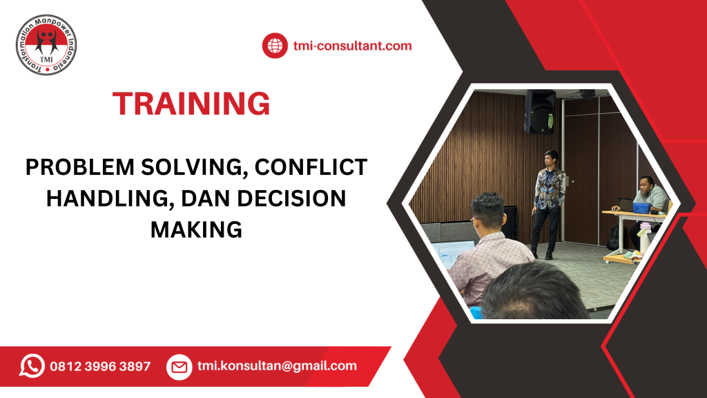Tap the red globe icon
274,46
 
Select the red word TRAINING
191,104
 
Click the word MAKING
196,229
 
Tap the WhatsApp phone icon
31,366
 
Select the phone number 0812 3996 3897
100,366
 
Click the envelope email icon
179,367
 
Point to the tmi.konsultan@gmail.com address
277,366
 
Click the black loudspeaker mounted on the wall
539,112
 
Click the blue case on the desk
642,207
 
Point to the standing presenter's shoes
542,254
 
